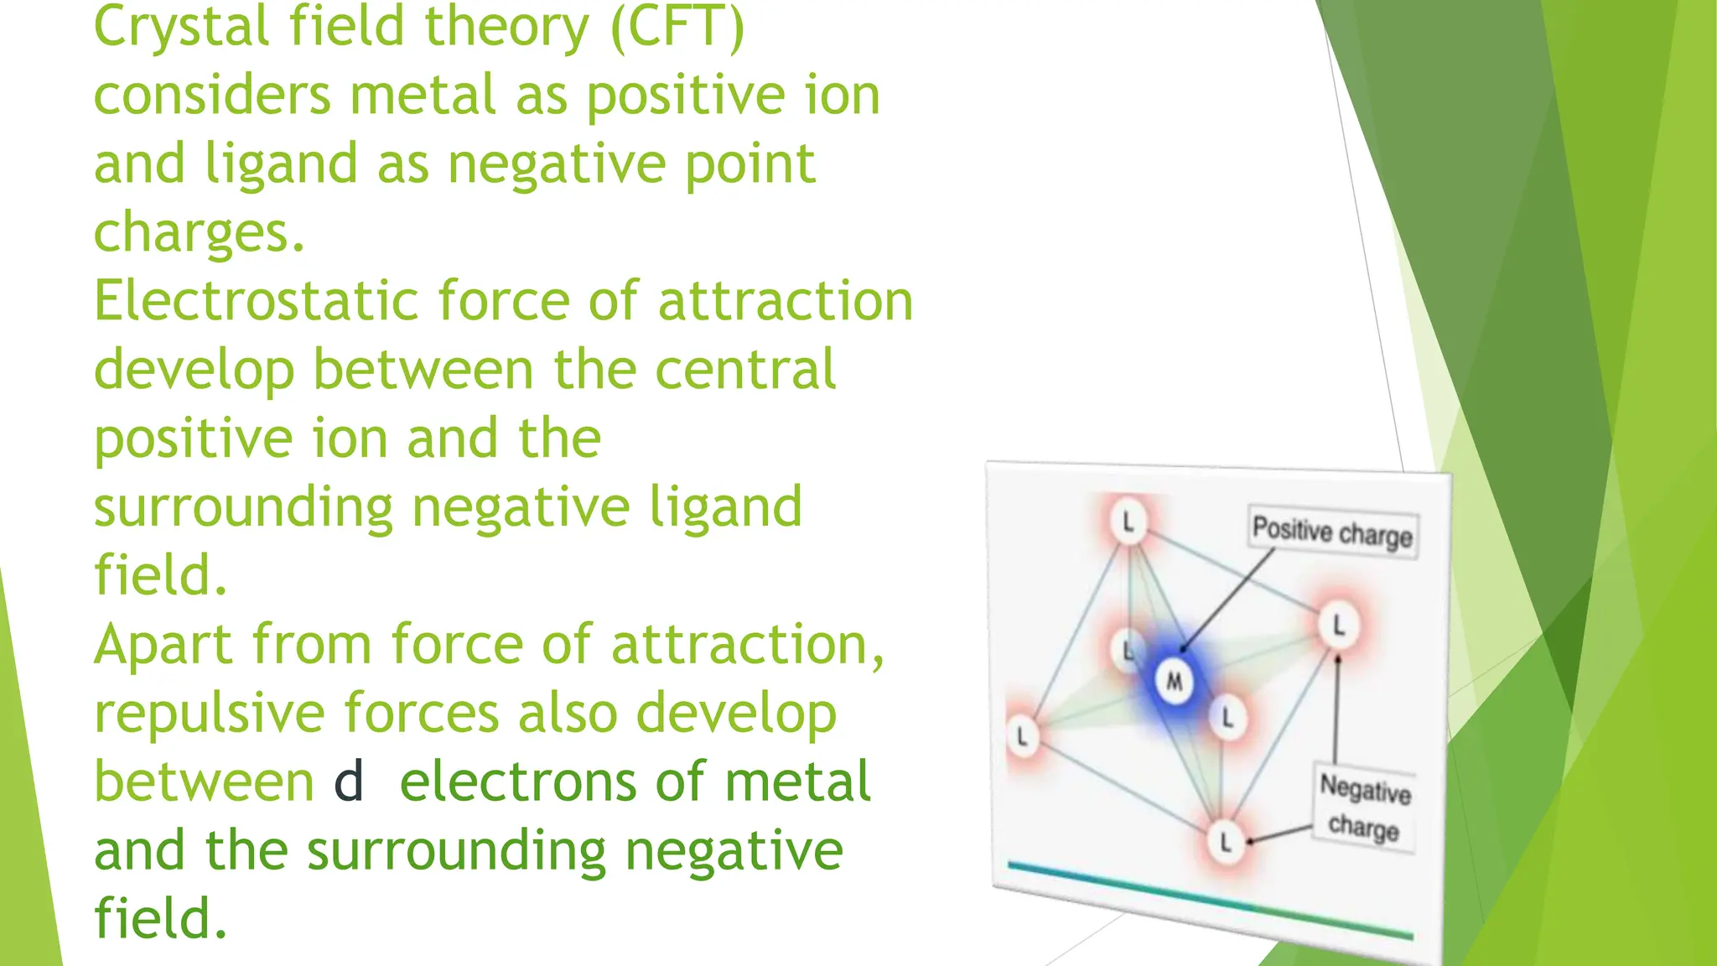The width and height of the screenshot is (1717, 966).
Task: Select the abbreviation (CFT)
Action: (677, 27)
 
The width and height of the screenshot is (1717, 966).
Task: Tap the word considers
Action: (212, 95)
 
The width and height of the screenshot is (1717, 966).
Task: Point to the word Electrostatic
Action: (256, 301)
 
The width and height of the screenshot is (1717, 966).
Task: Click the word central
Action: (745, 370)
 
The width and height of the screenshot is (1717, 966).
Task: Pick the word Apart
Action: (163, 645)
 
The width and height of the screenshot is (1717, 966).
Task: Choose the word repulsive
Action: (209, 714)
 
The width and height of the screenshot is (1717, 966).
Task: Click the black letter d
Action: (349, 782)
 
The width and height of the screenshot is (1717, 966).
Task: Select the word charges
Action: (199, 232)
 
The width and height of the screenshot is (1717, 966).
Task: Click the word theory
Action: (507, 27)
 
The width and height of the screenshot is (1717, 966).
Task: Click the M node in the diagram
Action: (1175, 682)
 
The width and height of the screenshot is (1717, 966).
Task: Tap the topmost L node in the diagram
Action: (1128, 522)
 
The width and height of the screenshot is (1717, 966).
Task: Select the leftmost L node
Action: (1022, 737)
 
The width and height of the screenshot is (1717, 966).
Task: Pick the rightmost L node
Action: (1338, 625)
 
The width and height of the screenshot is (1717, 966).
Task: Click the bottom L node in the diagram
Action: (1226, 841)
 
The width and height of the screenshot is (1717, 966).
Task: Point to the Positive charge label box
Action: (1332, 531)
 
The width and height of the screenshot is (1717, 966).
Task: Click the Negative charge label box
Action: (1365, 808)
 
